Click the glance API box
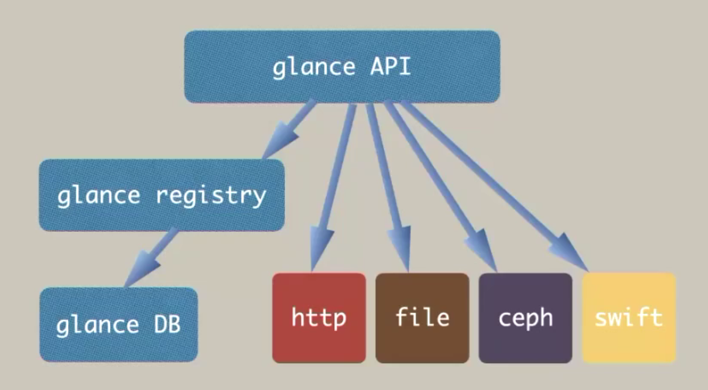pyautogui.click(x=342, y=67)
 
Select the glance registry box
pyautogui.click(x=161, y=196)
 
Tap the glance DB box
pyautogui.click(x=118, y=325)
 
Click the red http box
pyautogui.click(x=318, y=318)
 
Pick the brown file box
pyautogui.click(x=422, y=318)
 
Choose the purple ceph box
pyautogui.click(x=525, y=318)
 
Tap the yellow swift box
pyautogui.click(x=629, y=318)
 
